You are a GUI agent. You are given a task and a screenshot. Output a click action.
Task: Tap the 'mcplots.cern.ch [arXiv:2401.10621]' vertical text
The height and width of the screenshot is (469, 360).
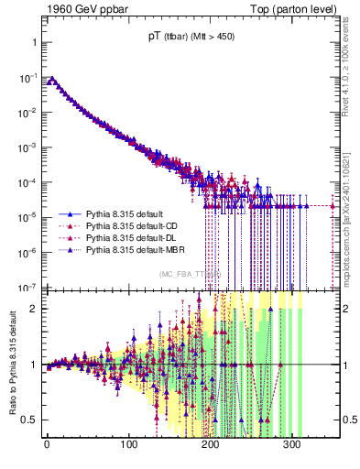click(x=351, y=211)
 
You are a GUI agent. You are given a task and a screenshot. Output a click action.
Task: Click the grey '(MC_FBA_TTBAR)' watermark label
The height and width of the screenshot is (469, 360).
click(x=189, y=274)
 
